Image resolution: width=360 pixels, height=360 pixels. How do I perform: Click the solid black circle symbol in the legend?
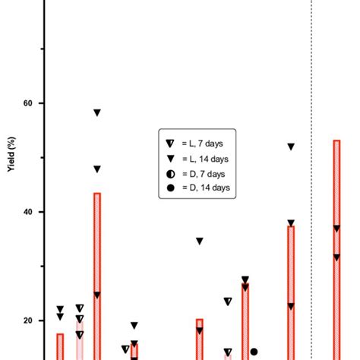coord(170,187)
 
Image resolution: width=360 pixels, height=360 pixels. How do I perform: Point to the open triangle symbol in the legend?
coord(170,144)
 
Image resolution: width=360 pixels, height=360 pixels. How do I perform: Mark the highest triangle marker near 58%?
coord(97,113)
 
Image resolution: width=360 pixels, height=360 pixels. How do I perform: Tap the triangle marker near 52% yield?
coord(291,147)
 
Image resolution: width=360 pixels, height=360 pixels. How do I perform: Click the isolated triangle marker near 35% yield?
coord(200,242)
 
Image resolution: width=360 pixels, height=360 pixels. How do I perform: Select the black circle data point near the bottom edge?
coord(254,352)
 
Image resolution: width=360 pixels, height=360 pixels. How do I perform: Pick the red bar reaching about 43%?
coord(97,273)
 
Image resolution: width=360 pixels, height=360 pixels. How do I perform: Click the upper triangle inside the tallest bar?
coord(336,229)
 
